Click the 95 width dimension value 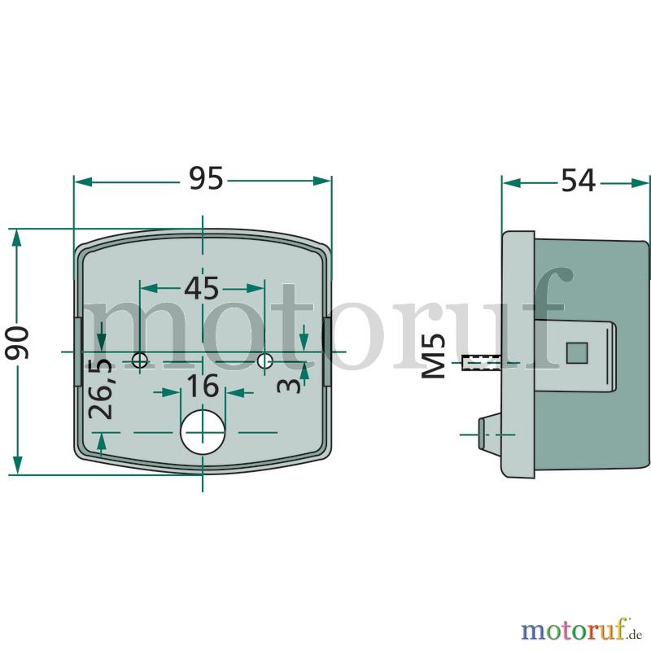[x=207, y=178]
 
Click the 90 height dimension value [x=17, y=343]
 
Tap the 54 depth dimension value [x=579, y=181]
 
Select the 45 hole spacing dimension [x=202, y=288]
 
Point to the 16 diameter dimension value [x=203, y=386]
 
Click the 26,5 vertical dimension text [x=100, y=388]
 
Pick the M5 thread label [x=434, y=356]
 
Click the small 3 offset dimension [x=290, y=385]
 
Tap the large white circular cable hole [x=203, y=432]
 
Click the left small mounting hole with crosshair [x=140, y=360]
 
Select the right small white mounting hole [x=264, y=360]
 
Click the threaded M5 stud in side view [x=482, y=363]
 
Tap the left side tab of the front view [x=77, y=352]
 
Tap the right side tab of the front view [x=327, y=352]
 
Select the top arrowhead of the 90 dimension [x=16, y=238]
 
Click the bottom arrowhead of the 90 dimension [x=17, y=465]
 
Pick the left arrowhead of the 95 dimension [x=83, y=181]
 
